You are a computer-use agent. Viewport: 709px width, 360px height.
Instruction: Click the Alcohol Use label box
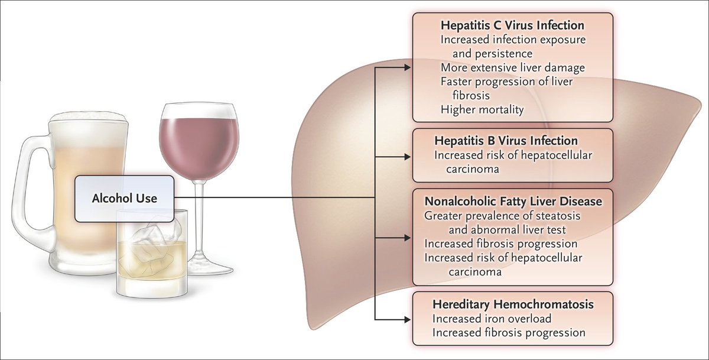[x=124, y=199]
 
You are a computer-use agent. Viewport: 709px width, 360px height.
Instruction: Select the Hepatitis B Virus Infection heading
[x=505, y=141]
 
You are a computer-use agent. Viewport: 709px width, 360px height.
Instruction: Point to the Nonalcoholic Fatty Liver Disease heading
[x=513, y=202]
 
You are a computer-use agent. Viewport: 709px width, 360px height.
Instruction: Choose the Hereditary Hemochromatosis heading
[x=513, y=304]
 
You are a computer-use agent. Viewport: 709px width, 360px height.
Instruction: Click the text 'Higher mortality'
[x=482, y=109]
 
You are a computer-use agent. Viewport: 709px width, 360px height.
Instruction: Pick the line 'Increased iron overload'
[x=492, y=319]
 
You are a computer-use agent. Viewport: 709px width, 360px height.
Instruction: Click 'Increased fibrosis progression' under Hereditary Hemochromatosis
[x=509, y=332]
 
